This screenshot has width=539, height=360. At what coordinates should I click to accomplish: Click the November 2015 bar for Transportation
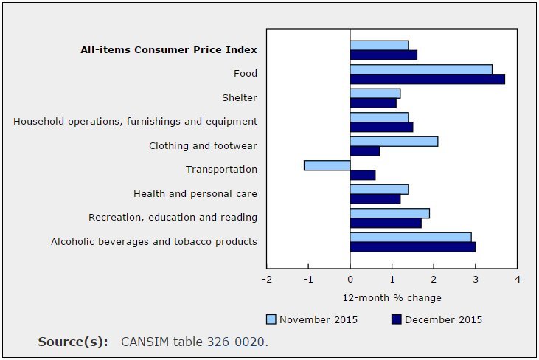tap(327, 165)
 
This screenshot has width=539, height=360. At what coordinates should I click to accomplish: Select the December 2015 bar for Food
tap(427, 79)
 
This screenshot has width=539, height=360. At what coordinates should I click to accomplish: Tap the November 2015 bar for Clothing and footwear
tap(394, 141)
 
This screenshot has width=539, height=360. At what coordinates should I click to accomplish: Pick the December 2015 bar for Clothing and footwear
tap(365, 151)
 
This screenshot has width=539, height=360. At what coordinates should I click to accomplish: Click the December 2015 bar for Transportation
tap(363, 175)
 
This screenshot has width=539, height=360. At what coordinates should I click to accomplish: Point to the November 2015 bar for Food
tap(421, 69)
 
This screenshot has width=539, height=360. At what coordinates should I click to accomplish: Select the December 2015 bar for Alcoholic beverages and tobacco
tap(413, 247)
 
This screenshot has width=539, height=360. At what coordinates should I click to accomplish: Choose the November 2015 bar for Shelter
tap(375, 93)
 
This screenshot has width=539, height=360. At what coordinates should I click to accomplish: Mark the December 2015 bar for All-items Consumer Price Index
tap(383, 55)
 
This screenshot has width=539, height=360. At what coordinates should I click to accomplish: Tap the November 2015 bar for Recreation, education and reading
tap(390, 213)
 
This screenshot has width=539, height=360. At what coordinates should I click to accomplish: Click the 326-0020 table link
tap(235, 342)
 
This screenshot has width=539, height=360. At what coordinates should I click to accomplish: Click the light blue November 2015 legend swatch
tap(271, 319)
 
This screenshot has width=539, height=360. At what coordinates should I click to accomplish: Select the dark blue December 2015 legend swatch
tap(396, 319)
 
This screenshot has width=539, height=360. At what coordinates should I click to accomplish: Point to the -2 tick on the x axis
tap(267, 280)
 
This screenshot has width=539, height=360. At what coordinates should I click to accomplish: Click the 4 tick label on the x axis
tap(518, 280)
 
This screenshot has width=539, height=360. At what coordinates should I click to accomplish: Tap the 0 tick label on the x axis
tap(350, 280)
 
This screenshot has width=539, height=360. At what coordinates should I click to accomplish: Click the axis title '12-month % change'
tap(392, 298)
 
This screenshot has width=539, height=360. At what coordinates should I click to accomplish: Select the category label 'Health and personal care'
tap(195, 193)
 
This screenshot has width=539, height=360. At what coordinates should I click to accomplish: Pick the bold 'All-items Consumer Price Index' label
tap(169, 50)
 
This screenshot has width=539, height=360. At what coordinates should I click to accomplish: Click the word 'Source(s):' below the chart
tap(73, 342)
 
